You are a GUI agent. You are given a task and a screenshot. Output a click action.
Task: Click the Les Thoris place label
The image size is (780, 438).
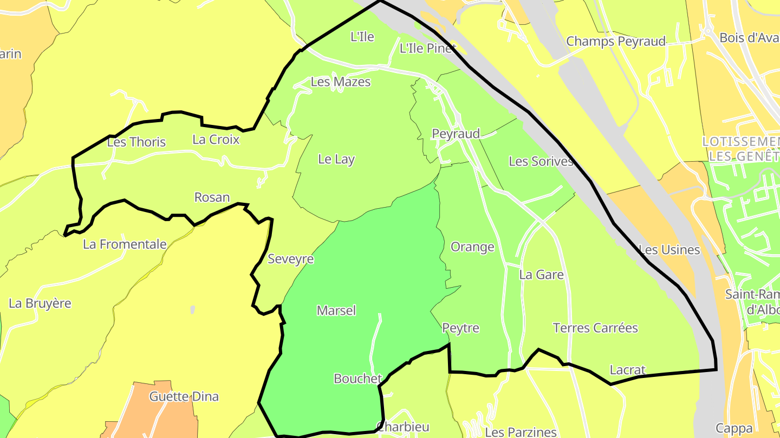coord(136,142)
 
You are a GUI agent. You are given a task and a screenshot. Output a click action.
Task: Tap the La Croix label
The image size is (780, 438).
coord(216,140)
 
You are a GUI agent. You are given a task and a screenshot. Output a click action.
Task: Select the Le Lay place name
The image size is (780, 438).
coord(336,159)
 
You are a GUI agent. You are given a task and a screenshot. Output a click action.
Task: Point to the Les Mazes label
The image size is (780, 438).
coord(341,82)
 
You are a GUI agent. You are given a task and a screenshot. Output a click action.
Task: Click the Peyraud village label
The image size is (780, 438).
coord(456,134)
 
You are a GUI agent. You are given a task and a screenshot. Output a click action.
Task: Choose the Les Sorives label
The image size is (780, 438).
coord(541,161)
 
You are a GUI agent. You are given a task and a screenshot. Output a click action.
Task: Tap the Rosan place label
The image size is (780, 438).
coord(212,197)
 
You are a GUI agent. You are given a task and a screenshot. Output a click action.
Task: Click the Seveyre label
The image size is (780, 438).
coord(291,259)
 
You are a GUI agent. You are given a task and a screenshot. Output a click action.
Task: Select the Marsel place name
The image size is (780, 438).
coord(336,310)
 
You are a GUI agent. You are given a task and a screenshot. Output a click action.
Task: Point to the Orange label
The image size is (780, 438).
coord(472,247)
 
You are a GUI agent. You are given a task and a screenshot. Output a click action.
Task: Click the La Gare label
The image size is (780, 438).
coord(541,275)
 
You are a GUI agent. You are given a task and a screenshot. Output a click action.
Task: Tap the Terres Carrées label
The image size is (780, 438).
coord(595,328)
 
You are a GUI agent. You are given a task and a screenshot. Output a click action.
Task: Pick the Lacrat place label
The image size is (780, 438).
coord(628,370)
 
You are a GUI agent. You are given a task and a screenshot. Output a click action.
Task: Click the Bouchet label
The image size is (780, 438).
coord(357,379)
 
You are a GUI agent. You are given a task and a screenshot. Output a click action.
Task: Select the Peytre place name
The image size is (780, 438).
coord(461,328)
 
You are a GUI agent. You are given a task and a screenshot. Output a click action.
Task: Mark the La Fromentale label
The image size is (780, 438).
coord(125,244)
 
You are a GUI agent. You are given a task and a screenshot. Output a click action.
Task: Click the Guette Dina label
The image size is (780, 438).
coord(184,397)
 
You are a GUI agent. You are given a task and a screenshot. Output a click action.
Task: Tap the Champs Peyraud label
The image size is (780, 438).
coord(616,42)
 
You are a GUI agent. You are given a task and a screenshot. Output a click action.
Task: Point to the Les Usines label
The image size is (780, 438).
coord(669,250)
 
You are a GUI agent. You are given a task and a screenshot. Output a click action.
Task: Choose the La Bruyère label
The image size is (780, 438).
coord(40,303)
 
